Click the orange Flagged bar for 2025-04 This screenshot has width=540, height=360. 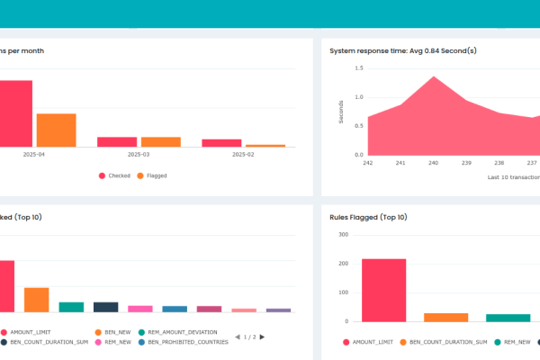(56, 130)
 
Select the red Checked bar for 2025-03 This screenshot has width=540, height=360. (117, 141)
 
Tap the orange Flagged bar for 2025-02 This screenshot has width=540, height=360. (265, 145)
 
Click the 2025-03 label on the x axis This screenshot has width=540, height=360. (139, 155)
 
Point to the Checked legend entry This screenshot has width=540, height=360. (114, 175)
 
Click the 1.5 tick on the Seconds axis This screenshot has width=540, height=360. (358, 67)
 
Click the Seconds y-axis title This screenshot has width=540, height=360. (341, 111)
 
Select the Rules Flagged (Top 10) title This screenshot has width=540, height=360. (368, 217)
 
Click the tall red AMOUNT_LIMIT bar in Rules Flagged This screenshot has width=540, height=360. (384, 290)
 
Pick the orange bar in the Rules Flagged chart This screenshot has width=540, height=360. (446, 317)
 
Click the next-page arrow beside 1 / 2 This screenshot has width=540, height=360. (262, 337)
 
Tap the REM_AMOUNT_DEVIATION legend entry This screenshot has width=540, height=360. (180, 332)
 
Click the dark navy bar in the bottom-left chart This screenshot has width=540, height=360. (106, 307)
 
